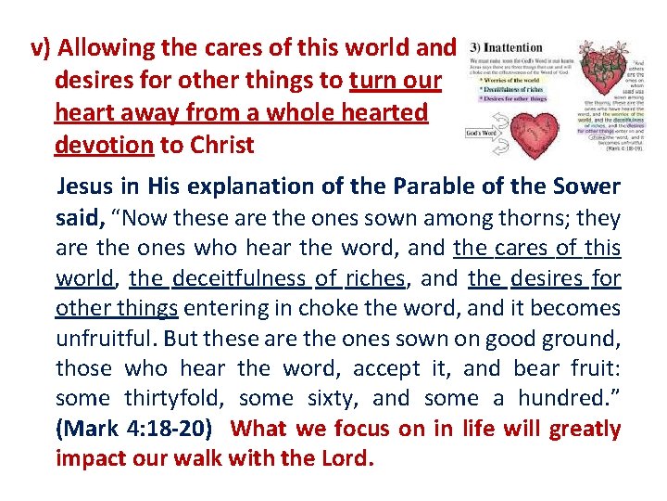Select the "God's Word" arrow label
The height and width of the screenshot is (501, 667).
coord(482,134)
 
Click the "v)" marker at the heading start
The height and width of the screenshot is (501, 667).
coord(42,48)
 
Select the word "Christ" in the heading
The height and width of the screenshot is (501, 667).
coord(223,146)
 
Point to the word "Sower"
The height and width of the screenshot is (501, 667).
coord(586,186)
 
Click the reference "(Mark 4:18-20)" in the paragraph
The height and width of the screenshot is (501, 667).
coord(136,430)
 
